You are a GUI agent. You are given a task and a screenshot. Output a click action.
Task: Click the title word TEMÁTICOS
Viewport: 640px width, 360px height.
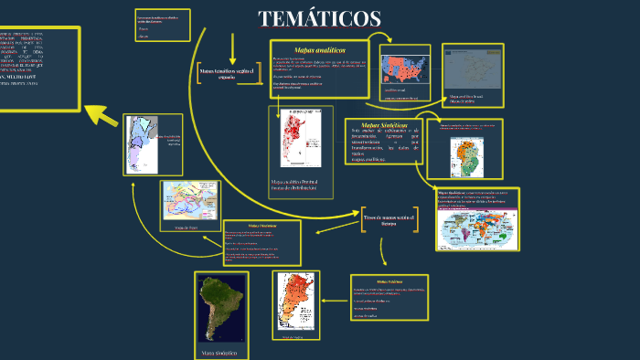point(319,18)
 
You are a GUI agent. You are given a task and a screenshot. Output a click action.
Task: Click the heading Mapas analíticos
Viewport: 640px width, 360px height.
point(320,49)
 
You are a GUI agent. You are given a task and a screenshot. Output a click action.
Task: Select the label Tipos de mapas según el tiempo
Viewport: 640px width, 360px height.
point(389,219)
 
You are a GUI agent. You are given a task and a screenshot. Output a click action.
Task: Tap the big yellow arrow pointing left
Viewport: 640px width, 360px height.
point(103,115)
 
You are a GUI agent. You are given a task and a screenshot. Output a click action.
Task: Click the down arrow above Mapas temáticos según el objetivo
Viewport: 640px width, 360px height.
point(233,48)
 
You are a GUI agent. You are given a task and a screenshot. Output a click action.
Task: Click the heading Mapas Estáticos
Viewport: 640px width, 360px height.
point(389,281)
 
